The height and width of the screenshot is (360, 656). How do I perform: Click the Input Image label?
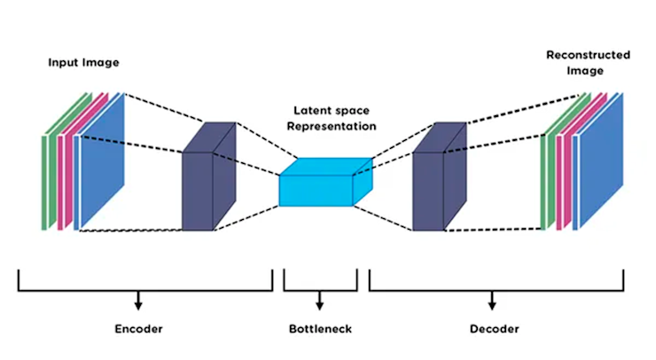click(82, 63)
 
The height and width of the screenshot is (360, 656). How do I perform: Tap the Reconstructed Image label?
click(588, 62)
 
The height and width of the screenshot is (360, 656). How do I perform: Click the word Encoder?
click(139, 329)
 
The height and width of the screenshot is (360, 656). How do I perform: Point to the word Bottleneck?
click(320, 329)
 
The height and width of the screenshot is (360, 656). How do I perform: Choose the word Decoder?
click(493, 329)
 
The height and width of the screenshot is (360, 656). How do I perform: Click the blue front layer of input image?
click(105, 160)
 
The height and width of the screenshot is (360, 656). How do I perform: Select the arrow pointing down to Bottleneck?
click(320, 301)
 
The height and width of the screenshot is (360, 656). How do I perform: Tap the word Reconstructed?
click(588, 55)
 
